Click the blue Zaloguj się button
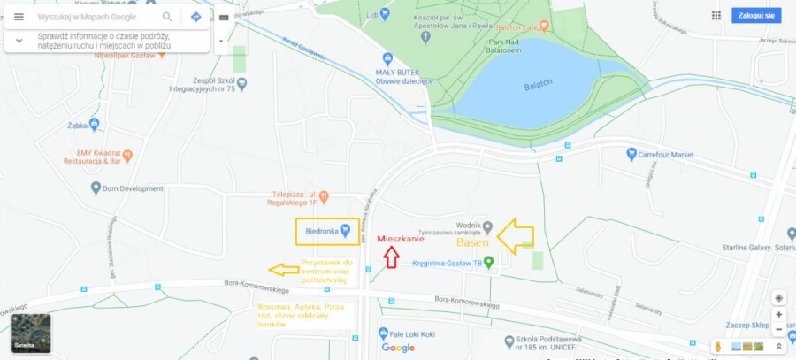[x=756, y=16]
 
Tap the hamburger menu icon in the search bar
[x=19, y=17]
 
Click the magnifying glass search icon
[x=168, y=17]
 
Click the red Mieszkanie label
[x=401, y=239]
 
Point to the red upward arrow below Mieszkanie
[x=391, y=257]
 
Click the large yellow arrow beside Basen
[x=516, y=235]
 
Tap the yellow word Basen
[x=473, y=241]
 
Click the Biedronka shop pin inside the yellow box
[x=346, y=231]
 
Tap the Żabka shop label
[x=80, y=126]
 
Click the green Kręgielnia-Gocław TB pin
[x=488, y=262]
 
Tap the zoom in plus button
[x=778, y=314]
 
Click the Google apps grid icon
[x=716, y=15]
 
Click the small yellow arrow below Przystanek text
[x=284, y=269]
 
